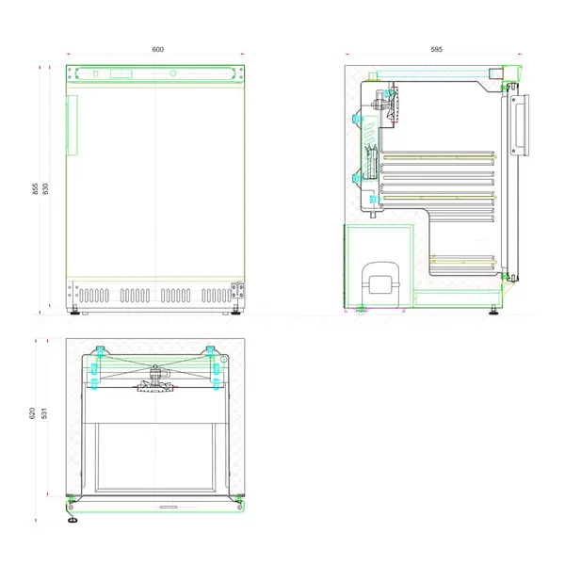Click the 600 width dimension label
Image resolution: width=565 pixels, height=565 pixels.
tap(157, 49)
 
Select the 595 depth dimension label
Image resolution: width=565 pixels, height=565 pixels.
tap(436, 49)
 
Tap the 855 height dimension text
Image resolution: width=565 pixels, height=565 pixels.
tap(36, 188)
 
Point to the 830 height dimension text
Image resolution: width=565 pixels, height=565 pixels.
tap(46, 188)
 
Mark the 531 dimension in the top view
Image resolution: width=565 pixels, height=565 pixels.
tap(44, 413)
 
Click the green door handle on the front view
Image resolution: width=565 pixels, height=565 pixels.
tap(69, 121)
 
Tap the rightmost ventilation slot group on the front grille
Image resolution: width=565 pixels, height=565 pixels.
tap(216, 295)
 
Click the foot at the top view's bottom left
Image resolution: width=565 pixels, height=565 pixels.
tap(73, 516)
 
